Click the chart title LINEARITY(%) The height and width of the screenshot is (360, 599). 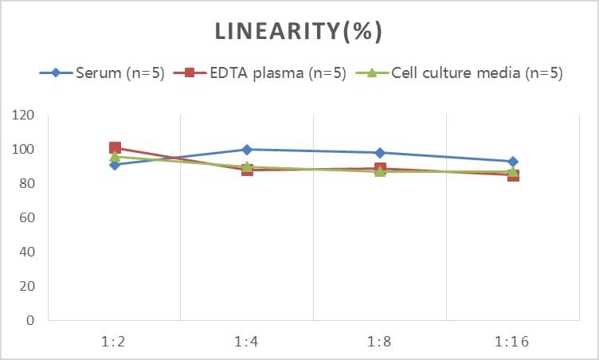click(299, 32)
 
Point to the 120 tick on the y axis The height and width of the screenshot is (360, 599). click(25, 115)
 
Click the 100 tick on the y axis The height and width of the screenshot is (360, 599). click(25, 150)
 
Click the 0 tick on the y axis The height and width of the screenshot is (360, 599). click(31, 321)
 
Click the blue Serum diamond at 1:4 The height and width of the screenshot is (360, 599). click(247, 150)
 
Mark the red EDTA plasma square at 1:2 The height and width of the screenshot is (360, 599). click(115, 148)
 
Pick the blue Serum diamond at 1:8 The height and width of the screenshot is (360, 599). click(380, 153)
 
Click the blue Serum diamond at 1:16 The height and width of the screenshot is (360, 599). click(513, 162)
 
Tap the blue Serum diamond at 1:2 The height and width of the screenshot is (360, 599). click(115, 165)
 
